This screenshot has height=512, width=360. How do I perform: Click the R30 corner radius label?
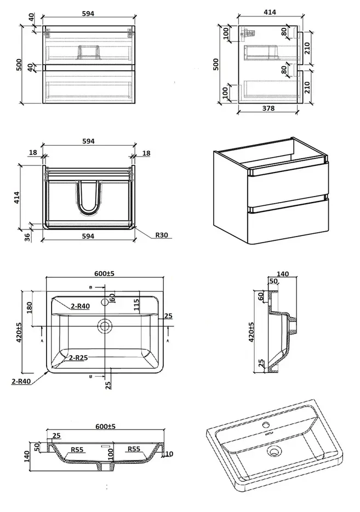pyautogui.click(x=162, y=235)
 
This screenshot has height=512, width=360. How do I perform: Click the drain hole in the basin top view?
pyautogui.click(x=104, y=327)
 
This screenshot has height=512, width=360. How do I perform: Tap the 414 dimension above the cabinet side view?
pyautogui.click(x=270, y=12)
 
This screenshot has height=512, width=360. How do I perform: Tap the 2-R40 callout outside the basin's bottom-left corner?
pyautogui.click(x=20, y=381)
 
